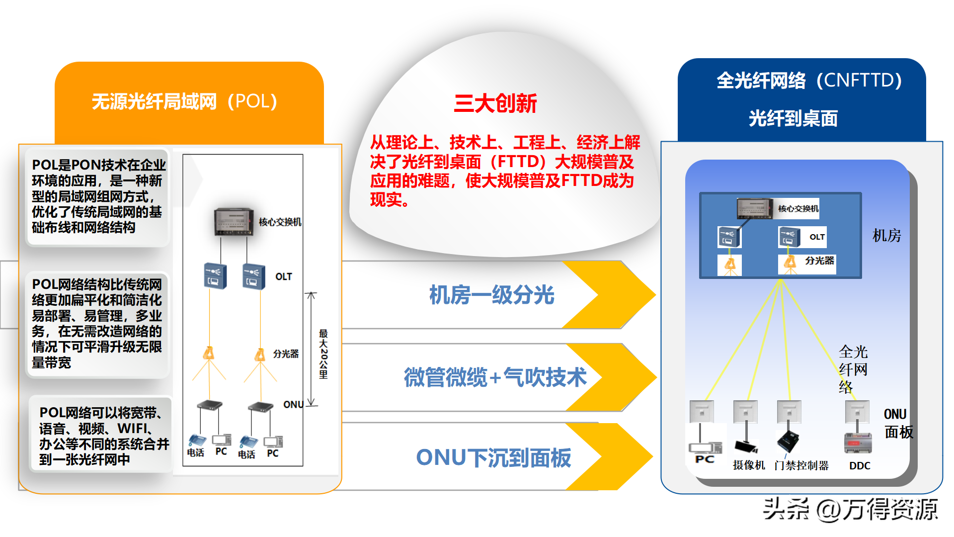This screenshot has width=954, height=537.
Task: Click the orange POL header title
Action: (x=184, y=101)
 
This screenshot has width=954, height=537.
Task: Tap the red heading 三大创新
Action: (x=495, y=103)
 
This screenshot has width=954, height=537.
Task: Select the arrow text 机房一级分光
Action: (x=491, y=295)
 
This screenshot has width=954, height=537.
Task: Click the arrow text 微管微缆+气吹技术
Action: (x=495, y=377)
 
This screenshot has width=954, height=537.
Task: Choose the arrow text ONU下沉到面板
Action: (x=493, y=458)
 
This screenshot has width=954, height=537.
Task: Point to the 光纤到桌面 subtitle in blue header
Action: (x=793, y=118)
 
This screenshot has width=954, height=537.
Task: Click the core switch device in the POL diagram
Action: (x=234, y=222)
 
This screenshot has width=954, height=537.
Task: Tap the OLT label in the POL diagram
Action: (x=284, y=276)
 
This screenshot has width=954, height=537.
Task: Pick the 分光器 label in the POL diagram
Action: (x=286, y=354)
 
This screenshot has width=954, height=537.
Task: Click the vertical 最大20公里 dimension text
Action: (x=323, y=354)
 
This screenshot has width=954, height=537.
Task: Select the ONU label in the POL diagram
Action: (x=293, y=405)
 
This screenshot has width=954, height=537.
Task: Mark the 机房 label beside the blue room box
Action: (x=886, y=235)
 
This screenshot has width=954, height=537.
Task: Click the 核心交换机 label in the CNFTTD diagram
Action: (x=798, y=209)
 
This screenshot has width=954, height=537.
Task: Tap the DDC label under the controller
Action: (x=860, y=466)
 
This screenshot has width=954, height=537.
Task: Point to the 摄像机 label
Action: (x=749, y=465)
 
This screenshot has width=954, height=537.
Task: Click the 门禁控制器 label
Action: (x=801, y=465)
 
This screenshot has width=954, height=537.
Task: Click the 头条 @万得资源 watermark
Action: (x=850, y=509)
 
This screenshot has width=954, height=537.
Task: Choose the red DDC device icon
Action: (x=858, y=443)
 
